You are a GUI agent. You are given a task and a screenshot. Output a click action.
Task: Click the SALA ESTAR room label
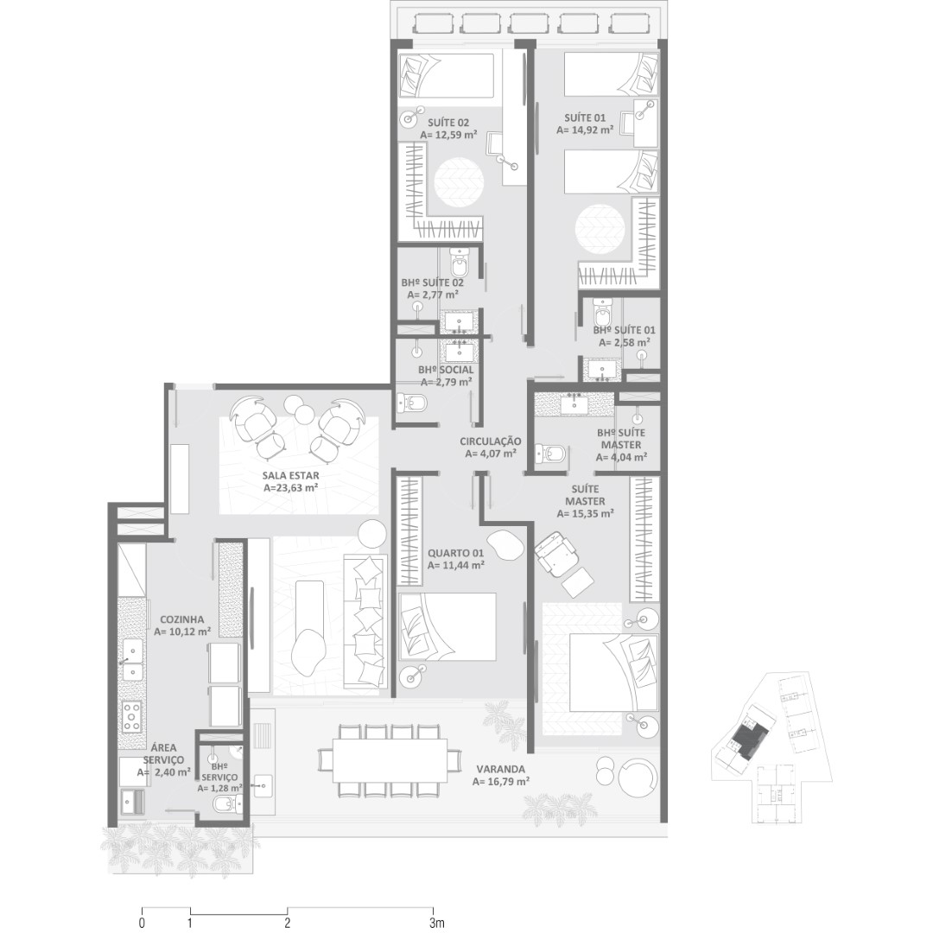[290, 475]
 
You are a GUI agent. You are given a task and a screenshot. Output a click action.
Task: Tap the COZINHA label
[182, 619]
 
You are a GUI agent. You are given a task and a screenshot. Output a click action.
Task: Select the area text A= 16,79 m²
[501, 781]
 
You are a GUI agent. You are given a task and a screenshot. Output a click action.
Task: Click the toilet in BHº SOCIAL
[411, 403]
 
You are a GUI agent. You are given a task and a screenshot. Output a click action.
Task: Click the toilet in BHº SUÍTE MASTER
[549, 454]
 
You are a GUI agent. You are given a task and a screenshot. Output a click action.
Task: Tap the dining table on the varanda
[390, 760]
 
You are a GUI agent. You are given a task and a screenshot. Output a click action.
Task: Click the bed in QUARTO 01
[447, 626]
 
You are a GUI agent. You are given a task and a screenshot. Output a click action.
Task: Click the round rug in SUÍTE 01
[600, 229]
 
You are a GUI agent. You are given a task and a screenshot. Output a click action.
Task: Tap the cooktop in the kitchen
[131, 717]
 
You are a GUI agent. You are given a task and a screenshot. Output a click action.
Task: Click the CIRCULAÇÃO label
[491, 441]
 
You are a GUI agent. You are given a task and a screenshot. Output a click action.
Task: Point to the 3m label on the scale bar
[437, 923]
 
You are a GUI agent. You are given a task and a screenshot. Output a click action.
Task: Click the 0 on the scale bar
[142, 923]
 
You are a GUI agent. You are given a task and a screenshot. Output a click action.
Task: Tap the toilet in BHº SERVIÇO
[226, 805]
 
